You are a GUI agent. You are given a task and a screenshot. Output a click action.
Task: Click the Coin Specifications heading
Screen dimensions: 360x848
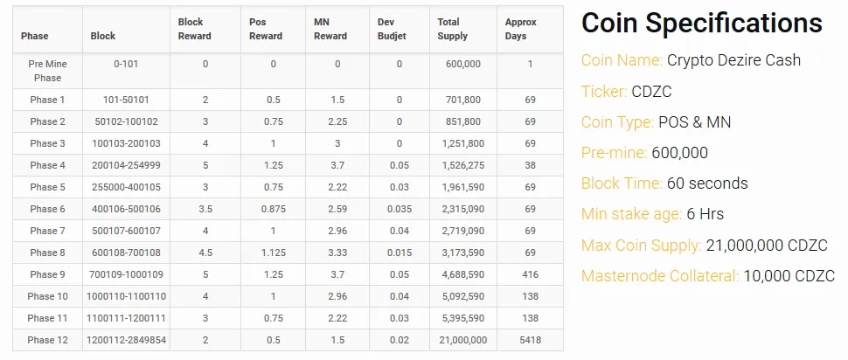[701, 24]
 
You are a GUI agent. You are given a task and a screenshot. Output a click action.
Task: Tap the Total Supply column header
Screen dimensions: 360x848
[453, 29]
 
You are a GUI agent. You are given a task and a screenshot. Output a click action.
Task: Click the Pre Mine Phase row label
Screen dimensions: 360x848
[47, 71]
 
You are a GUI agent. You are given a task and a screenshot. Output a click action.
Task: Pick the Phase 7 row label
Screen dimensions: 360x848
[47, 231]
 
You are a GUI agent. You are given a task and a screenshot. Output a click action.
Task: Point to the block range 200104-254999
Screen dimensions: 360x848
[126, 165]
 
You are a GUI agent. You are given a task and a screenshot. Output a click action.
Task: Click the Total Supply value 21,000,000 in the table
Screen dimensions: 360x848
[462, 340]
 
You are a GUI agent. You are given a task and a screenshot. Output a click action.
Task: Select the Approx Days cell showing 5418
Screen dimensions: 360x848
[530, 340]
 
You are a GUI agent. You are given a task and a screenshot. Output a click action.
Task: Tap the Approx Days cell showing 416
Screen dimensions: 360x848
[530, 274]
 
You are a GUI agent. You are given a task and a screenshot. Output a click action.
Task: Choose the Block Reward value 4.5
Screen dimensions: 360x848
[205, 253]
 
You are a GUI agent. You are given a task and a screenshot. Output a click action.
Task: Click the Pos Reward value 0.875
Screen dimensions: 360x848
[273, 209]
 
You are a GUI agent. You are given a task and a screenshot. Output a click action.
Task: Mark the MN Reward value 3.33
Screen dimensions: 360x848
[337, 253]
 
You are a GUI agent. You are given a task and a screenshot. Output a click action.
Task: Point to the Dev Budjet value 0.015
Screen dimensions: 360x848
[400, 253]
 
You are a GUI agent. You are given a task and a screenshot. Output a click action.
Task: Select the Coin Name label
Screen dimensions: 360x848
[622, 60]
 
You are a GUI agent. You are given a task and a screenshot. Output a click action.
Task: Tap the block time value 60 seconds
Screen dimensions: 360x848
[707, 183]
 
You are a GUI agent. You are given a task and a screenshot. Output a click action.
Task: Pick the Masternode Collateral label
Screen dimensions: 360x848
[659, 276]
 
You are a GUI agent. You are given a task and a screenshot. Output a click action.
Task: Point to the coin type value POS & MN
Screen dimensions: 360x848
[695, 122]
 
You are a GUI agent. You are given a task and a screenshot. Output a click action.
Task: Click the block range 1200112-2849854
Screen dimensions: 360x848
[126, 340]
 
